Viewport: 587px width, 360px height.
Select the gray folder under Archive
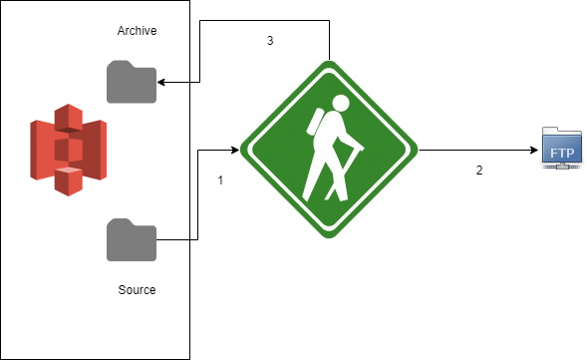(x=132, y=82)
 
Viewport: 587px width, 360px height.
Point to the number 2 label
(x=479, y=170)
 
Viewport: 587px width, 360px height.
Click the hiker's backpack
(x=317, y=122)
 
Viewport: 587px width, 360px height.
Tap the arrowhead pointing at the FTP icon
(x=531, y=151)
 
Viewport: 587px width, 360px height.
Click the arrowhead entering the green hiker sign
(x=235, y=151)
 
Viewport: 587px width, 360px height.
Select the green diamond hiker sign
(x=328, y=150)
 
